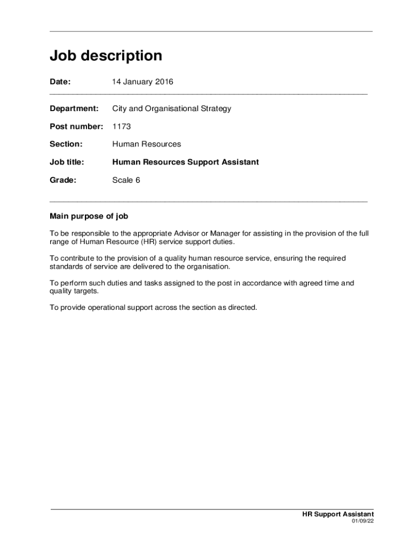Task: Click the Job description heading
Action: [x=106, y=56]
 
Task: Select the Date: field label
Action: [x=60, y=82]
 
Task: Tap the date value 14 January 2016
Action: [x=143, y=82]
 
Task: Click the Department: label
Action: [x=74, y=108]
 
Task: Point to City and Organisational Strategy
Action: [x=171, y=108]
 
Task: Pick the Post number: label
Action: [x=76, y=127]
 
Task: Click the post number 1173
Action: [x=121, y=127]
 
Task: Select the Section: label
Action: [x=66, y=144]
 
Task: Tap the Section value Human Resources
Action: [x=146, y=144]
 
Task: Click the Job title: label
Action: [x=67, y=162]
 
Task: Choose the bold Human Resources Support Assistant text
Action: [x=185, y=162]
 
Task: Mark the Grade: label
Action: [x=63, y=180]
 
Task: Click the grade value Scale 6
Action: [x=126, y=180]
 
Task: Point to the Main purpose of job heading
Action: [x=89, y=216]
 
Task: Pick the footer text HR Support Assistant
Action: [x=338, y=514]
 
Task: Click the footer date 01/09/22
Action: [x=362, y=522]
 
